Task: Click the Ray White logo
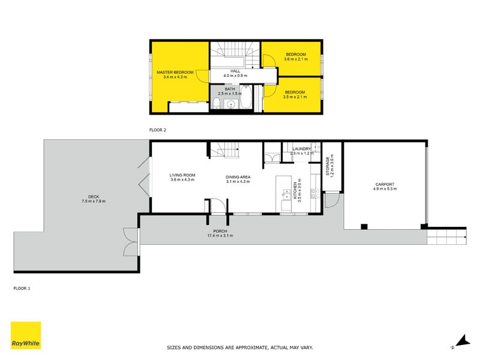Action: [x=26, y=335]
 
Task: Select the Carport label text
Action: [x=385, y=184]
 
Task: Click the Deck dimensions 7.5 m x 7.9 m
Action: [x=92, y=201]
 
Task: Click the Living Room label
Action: [x=182, y=175]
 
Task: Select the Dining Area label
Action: [x=238, y=177]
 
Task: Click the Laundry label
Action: [x=301, y=149]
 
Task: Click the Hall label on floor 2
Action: [x=235, y=71]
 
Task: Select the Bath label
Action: [x=230, y=88]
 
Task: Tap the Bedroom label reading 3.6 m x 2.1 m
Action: [x=295, y=55]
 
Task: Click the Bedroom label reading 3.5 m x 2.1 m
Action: [x=295, y=92]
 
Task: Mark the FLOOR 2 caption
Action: [x=157, y=129]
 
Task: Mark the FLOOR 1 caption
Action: [x=22, y=288]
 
